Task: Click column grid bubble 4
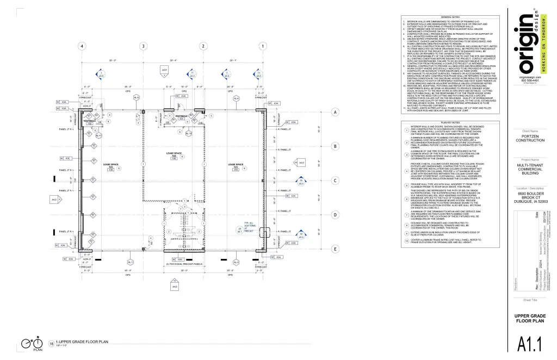coord(82,46)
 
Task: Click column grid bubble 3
coord(143,46)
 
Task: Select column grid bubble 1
coord(263,46)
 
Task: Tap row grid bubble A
coord(336,113)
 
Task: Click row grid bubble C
coord(336,181)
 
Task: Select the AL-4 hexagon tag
coord(236,98)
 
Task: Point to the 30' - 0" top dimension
coord(113,60)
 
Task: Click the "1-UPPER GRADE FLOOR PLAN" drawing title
coord(85,342)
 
